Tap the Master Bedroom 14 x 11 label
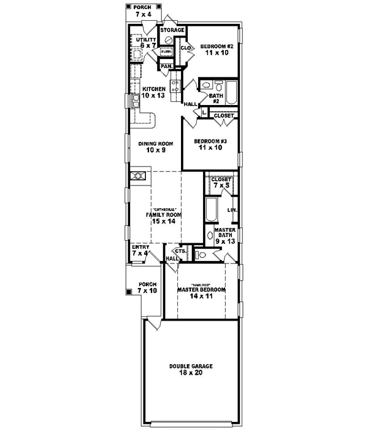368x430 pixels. [201, 289]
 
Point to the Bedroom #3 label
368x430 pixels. [210, 144]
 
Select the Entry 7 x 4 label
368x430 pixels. [140, 251]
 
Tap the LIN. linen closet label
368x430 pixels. [232, 211]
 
